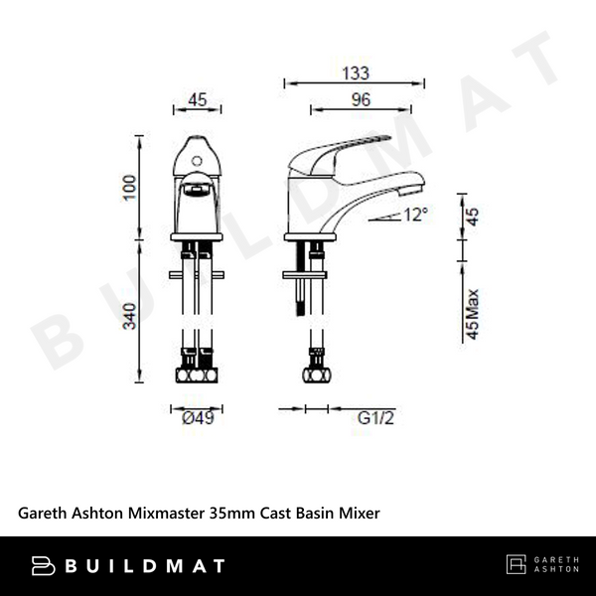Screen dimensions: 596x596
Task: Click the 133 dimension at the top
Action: click(357, 73)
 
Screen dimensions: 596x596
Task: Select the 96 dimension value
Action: click(360, 99)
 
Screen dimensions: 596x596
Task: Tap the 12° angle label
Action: click(414, 213)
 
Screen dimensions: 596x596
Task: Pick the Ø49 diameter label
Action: click(198, 418)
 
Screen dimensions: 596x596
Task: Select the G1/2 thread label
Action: click(372, 418)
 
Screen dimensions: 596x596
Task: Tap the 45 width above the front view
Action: click(197, 99)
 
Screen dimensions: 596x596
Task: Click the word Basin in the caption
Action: click(318, 513)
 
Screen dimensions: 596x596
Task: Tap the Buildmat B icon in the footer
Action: click(44, 566)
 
